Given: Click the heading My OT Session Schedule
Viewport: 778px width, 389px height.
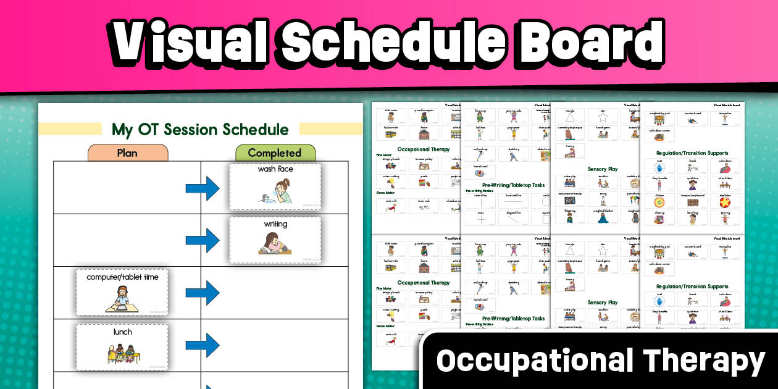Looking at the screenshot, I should click(200, 130).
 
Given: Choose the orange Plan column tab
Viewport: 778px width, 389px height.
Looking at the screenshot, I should click(127, 153).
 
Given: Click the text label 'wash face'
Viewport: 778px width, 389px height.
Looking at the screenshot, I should click(275, 169).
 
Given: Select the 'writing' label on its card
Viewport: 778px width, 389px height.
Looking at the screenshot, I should click(275, 224).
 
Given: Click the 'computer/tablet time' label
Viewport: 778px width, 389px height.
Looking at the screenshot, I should click(122, 277).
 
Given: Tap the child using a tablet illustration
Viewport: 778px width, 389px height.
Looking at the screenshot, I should click(122, 298).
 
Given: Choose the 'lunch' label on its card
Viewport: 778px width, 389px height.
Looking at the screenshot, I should click(122, 332).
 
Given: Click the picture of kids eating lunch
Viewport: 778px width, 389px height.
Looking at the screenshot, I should click(122, 353).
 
